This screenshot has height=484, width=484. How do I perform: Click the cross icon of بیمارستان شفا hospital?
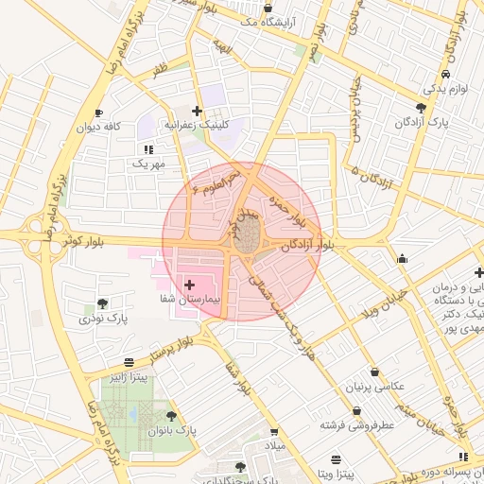pyautogui.click(x=189, y=284)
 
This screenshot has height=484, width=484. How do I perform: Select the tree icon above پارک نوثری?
pyautogui.click(x=102, y=303)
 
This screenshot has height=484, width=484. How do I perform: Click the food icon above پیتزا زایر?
pyautogui.click(x=129, y=362)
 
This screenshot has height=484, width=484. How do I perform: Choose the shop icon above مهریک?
pyautogui.click(x=148, y=149)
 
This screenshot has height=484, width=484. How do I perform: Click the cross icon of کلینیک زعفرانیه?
pyautogui.click(x=197, y=112)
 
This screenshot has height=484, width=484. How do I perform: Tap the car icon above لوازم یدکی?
pyautogui.click(x=444, y=74)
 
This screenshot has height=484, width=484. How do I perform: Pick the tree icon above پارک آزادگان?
pyautogui.click(x=421, y=107)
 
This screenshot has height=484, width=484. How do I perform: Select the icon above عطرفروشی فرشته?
pyautogui.click(x=356, y=410)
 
